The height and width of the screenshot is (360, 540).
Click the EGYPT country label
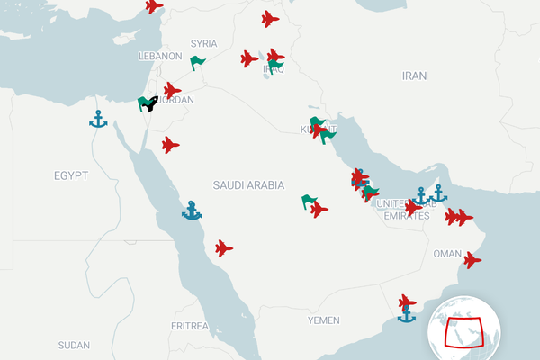pyautogui.click(x=70, y=175)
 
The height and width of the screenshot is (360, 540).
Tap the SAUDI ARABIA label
pyautogui.click(x=248, y=185)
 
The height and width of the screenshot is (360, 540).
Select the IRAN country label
pyautogui.click(x=414, y=76)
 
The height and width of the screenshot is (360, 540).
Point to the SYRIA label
pyautogui.click(x=204, y=43)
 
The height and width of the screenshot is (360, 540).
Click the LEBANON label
pyautogui.click(x=160, y=56)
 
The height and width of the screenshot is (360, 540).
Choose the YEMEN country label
pyautogui.click(x=323, y=320)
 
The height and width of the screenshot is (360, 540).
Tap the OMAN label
pyautogui.click(x=447, y=254)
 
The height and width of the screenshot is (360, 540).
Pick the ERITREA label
pyautogui.click(x=189, y=325)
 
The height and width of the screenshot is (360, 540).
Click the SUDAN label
pyautogui.click(x=74, y=346)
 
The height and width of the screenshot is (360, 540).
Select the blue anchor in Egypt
pyautogui.click(x=98, y=119)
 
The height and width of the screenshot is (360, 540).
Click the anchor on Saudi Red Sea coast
pyautogui.click(x=192, y=211)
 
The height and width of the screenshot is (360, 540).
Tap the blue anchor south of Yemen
pyautogui.click(x=407, y=314)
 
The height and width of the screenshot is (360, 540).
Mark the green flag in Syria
pyautogui.click(x=197, y=63)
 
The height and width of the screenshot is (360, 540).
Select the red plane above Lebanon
pyautogui.click(x=154, y=6)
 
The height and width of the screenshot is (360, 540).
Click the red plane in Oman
pyautogui.click(x=471, y=260)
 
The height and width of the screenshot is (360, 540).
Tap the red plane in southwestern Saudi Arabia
pyautogui.click(x=224, y=247)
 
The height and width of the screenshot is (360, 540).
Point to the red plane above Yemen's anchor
pyautogui.click(x=407, y=301)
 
